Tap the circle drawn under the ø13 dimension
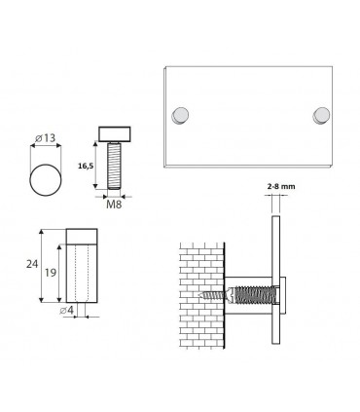click(x=44, y=182)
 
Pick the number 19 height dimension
click(x=51, y=276)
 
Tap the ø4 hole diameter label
click(x=65, y=311)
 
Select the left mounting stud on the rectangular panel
click(x=179, y=116)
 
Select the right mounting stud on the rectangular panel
click(x=320, y=116)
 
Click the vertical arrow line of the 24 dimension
click(x=40, y=267)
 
